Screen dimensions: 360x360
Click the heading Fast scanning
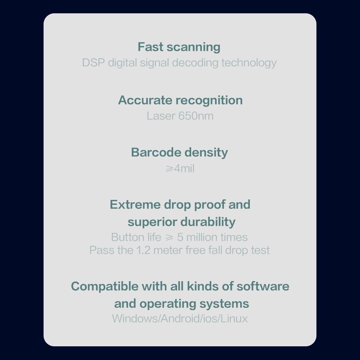pyautogui.click(x=179, y=47)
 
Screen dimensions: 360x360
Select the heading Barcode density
pyautogui.click(x=179, y=152)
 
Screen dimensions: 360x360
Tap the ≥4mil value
pyautogui.click(x=180, y=168)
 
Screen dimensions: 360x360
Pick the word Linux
pyautogui.click(x=234, y=319)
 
